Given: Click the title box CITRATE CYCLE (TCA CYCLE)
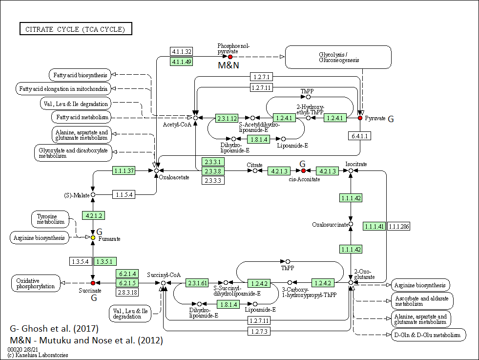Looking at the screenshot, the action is [x=76, y=29].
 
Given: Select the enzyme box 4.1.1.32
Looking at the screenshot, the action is [x=182, y=51].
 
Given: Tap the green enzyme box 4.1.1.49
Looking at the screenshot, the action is [x=182, y=62].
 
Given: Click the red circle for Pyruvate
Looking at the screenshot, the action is [x=360, y=118].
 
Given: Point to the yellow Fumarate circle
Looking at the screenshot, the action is [x=93, y=238].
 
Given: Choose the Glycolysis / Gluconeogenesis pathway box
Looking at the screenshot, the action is [x=338, y=57].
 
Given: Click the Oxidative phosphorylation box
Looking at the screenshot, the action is [x=36, y=283].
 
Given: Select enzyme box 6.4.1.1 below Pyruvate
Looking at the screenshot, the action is [x=359, y=136].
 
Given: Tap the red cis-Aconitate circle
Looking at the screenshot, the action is [x=303, y=170].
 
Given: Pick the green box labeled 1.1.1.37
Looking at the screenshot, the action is [x=124, y=170].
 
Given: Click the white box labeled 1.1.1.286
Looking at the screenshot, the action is [x=398, y=227].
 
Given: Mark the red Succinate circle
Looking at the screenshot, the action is [x=93, y=283].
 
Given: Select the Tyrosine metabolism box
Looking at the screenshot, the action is [x=50, y=219].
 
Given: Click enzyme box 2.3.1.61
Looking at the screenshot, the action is [x=197, y=283].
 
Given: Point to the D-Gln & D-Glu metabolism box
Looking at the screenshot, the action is [x=428, y=335].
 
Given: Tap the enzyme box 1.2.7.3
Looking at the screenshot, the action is [x=259, y=331].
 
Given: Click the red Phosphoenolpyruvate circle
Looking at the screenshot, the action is [x=230, y=57].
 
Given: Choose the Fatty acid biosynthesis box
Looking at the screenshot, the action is [x=80, y=75].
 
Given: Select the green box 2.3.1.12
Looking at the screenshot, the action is [x=227, y=118].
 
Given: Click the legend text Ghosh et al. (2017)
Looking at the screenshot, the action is [x=60, y=329].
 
